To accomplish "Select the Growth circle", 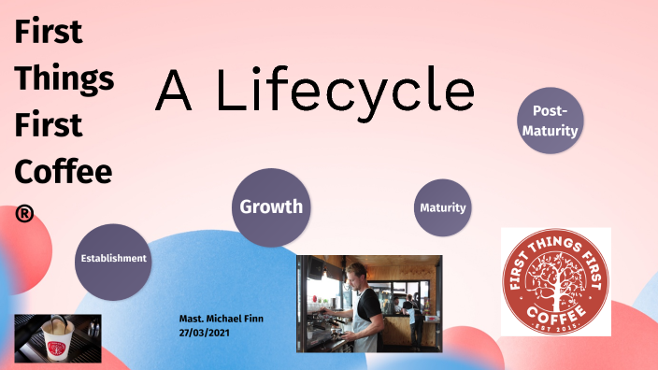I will click(271, 207).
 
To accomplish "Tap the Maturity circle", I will click(442, 207).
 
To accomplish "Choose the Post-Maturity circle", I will click(550, 121).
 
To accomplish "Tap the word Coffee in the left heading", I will click(64, 171).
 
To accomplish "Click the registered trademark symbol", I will click(25, 213).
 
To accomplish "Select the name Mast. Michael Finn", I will click(222, 319).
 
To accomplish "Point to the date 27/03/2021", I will click(205, 332).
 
